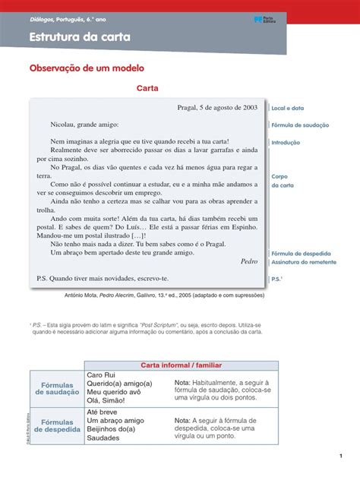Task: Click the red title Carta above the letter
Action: [x=147, y=89]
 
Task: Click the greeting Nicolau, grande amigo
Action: [x=84, y=123]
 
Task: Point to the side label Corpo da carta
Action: [x=282, y=180]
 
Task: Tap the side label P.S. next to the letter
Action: [x=278, y=279]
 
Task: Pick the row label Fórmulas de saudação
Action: [x=58, y=388]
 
